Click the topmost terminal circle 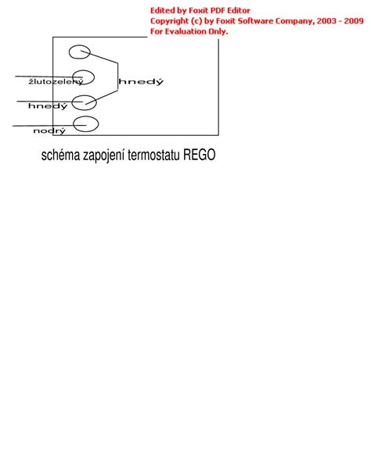tap(70, 52)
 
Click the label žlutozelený tap(56, 81)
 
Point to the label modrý tap(49, 130)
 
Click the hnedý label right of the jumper tap(141, 81)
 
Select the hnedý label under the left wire tap(48, 105)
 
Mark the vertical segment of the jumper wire tap(117, 77)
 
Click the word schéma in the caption tap(60, 155)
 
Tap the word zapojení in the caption tap(103, 155)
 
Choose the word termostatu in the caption tap(153, 155)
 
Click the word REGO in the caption tap(199, 155)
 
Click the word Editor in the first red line tap(239, 11)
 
